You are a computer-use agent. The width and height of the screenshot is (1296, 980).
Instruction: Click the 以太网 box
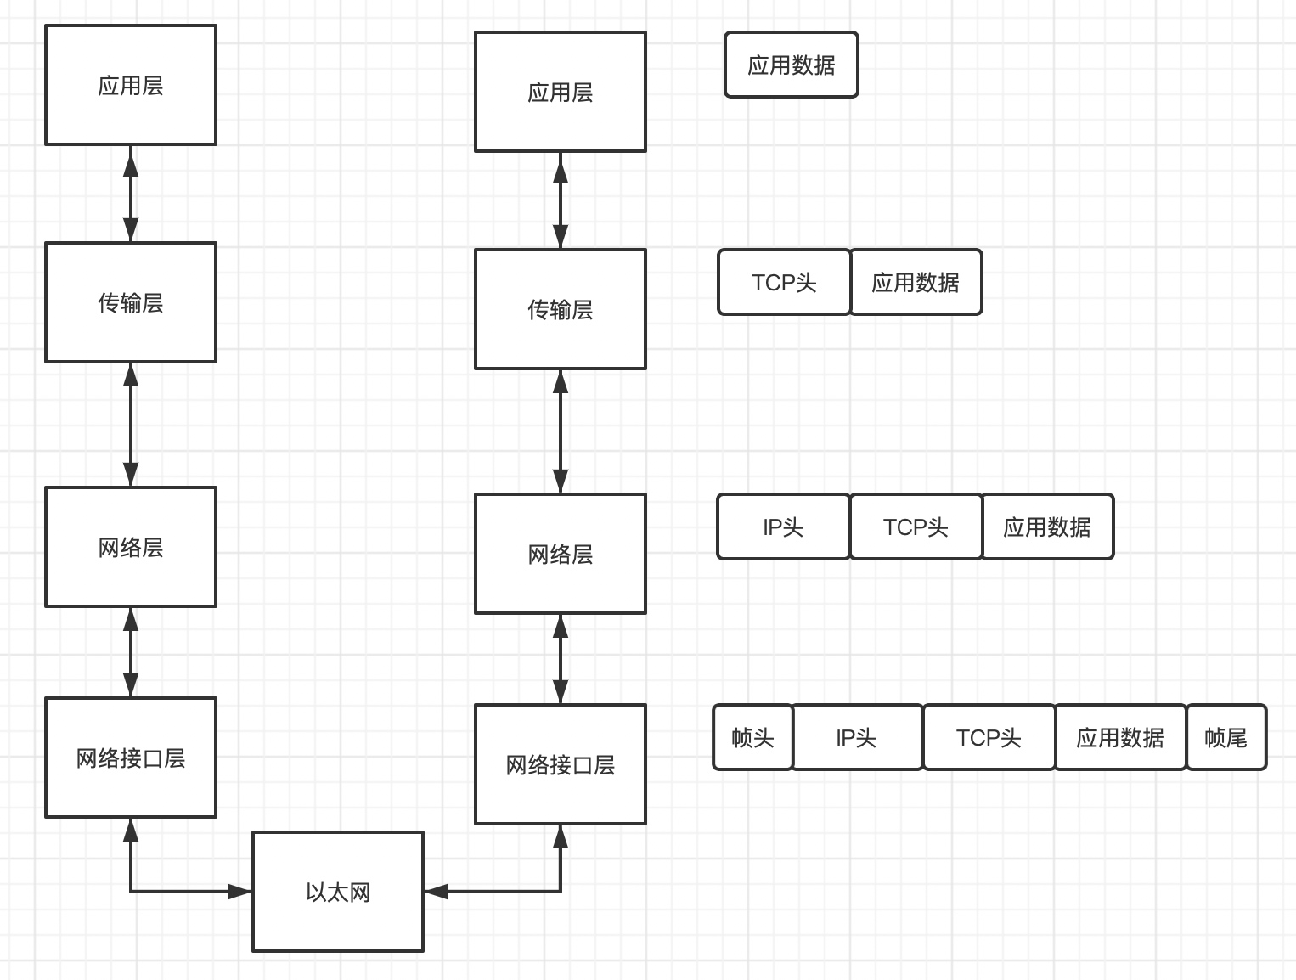click(338, 892)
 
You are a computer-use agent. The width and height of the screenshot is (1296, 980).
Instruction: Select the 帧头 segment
click(752, 737)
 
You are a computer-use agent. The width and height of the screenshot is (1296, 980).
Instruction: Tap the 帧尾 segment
click(1226, 737)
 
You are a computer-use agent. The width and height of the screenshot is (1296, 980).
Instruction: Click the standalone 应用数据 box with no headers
click(791, 65)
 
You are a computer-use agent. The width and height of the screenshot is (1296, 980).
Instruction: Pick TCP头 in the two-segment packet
click(784, 282)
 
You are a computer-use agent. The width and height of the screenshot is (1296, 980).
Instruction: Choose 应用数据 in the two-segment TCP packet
click(916, 282)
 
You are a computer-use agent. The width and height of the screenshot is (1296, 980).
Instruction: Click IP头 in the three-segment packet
click(783, 527)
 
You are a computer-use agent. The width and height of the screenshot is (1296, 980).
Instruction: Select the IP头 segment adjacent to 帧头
click(857, 737)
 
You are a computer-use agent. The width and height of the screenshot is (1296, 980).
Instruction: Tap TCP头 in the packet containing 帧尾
click(989, 737)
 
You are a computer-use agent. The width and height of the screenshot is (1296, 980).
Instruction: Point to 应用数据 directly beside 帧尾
click(1119, 737)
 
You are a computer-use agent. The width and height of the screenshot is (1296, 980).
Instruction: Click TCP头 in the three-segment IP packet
click(916, 527)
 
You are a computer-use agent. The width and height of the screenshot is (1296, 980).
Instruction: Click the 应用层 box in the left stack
click(131, 85)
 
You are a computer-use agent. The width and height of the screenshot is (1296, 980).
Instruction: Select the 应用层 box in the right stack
click(560, 92)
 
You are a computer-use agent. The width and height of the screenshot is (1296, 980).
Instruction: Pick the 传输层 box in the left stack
click(131, 302)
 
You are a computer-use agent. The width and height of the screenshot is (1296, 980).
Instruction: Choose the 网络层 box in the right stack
click(560, 554)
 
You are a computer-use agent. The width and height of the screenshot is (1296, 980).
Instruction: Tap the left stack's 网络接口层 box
click(131, 758)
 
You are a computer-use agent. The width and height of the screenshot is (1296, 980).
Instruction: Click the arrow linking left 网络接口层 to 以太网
click(170, 892)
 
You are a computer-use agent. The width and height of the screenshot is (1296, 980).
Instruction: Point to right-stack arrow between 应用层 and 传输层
click(560, 200)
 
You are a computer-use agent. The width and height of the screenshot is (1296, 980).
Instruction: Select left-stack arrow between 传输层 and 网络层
click(131, 425)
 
